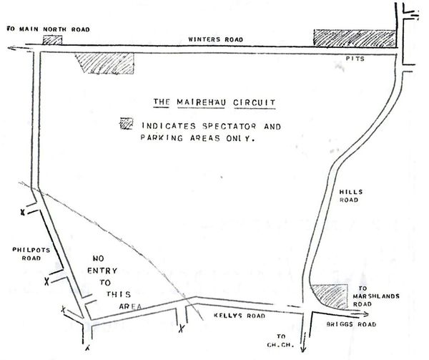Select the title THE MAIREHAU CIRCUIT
(x=215, y=102)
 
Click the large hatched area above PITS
(x=354, y=39)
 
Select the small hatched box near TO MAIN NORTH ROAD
(x=52, y=40)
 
